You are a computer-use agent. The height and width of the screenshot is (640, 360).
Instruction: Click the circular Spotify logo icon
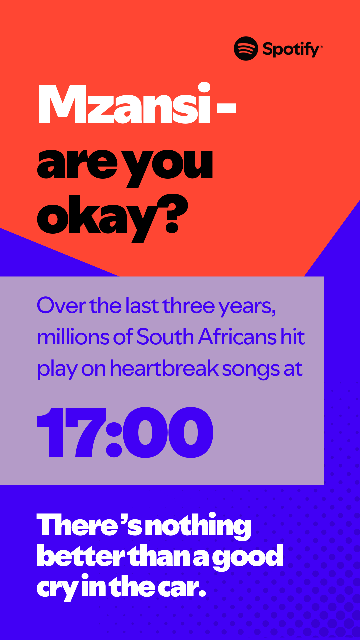pyautogui.click(x=246, y=48)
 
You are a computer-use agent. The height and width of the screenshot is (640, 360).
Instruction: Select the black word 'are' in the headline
pyautogui.click(x=77, y=164)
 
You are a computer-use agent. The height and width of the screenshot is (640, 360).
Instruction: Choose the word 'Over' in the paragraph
pyautogui.click(x=61, y=305)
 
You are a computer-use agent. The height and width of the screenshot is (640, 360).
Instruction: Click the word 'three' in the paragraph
pyautogui.click(x=188, y=305)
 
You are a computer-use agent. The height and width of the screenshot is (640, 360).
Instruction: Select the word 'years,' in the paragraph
pyautogui.click(x=247, y=307)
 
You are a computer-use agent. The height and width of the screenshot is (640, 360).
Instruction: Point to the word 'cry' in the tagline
pyautogui.click(x=58, y=589)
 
